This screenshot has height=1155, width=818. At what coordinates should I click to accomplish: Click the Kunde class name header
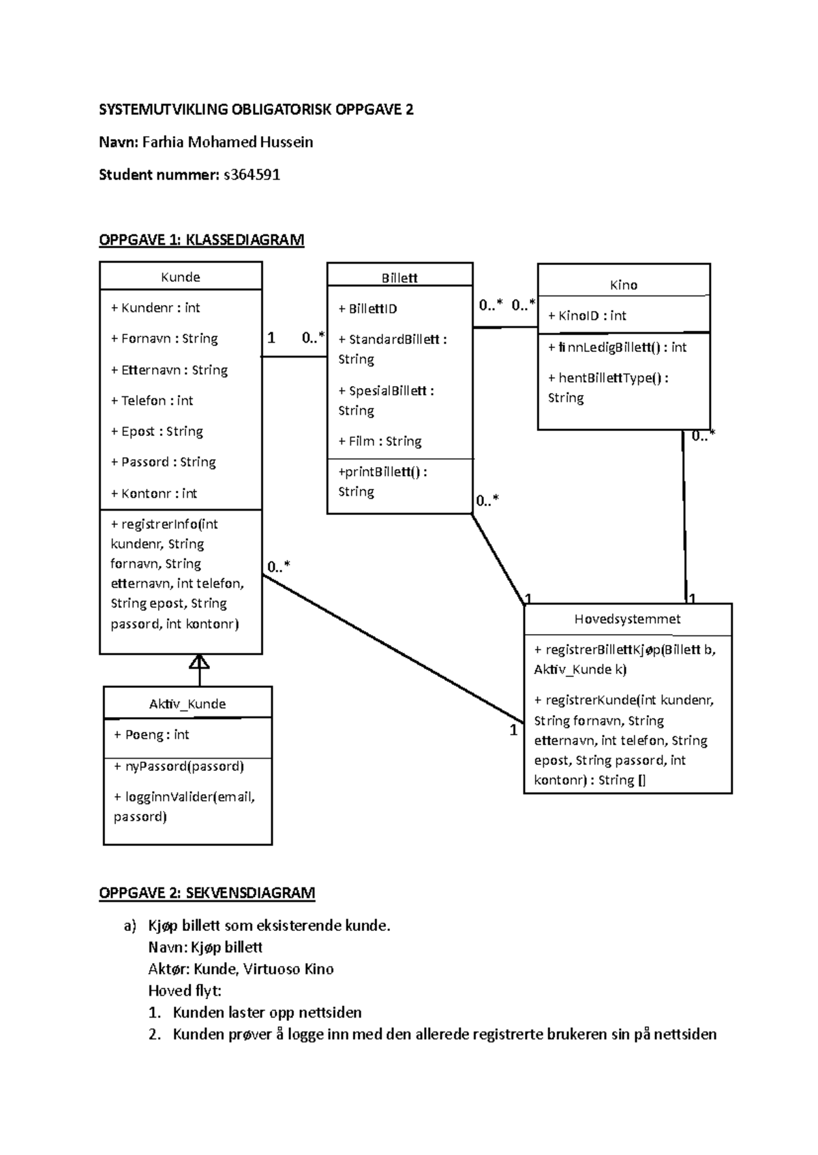180,277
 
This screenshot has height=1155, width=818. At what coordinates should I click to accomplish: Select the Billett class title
399,278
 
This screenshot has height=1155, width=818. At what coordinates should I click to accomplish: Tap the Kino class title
623,285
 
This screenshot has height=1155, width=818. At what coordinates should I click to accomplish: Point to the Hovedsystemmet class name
627,619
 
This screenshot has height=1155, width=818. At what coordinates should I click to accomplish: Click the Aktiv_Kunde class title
187,704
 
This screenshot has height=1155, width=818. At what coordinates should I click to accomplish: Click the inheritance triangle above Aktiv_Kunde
199,662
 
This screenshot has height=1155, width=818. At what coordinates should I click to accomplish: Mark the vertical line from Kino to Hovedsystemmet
684,518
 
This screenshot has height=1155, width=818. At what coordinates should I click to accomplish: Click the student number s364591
252,175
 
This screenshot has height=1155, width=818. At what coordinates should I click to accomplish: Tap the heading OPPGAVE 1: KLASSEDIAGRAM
201,240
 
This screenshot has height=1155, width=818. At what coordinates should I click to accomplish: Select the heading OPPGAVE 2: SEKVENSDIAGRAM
207,893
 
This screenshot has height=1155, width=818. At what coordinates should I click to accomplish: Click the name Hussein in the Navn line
288,142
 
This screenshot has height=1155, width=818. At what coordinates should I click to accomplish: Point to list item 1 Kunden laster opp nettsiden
267,1012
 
